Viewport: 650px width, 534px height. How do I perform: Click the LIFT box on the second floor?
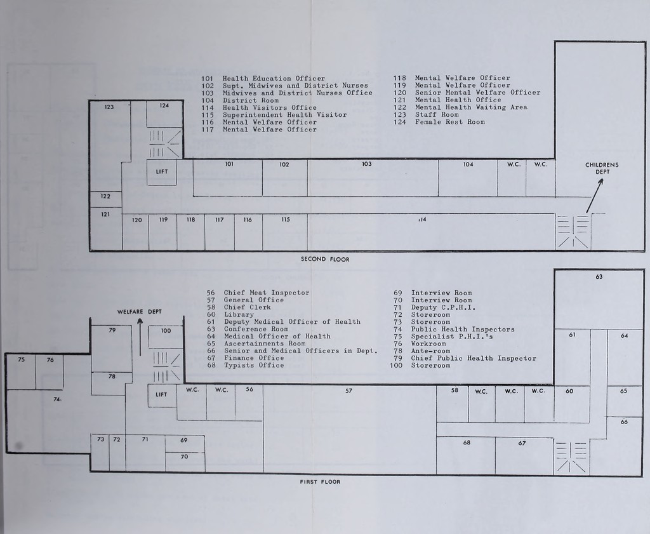point(162,172)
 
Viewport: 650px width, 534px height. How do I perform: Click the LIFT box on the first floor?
point(162,395)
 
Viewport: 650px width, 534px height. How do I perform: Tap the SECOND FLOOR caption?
point(325,259)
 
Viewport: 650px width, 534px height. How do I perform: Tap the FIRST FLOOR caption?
point(320,482)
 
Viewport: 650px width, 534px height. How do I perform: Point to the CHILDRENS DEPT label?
point(602,168)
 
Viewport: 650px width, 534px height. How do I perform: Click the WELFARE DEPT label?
point(139,312)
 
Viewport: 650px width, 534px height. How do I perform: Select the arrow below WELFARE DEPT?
point(140,337)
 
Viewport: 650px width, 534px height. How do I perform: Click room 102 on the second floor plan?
point(285,178)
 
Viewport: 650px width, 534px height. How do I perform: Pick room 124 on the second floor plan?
point(164,114)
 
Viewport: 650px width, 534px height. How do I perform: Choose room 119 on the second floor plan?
point(163,232)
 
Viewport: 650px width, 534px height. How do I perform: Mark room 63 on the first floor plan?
point(599,299)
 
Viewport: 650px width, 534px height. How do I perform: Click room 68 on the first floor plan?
point(466,455)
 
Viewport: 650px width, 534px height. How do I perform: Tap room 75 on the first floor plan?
point(21,372)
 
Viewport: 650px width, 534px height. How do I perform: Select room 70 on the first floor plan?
point(185,462)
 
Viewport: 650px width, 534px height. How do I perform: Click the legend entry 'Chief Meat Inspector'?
point(258,293)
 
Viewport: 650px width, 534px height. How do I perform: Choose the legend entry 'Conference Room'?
point(248,329)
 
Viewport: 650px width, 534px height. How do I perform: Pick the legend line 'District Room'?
point(240,100)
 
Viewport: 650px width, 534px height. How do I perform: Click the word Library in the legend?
point(239,315)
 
